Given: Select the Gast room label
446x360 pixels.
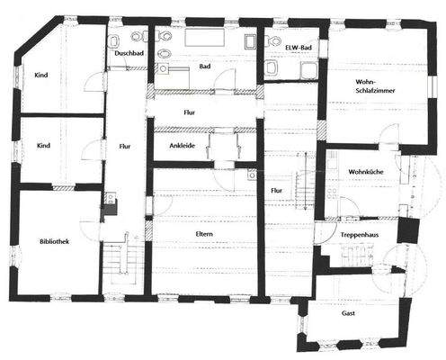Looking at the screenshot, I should point(348,313).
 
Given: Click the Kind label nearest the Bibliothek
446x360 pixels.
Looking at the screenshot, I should point(42,146).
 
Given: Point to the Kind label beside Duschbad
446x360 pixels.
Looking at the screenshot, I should point(42,76).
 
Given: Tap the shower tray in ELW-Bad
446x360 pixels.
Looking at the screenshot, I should point(308,69).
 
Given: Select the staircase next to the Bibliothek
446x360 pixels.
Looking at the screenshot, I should point(118,261).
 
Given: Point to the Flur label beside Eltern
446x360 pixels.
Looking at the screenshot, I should point(276,191).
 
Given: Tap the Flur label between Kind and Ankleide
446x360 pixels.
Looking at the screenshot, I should point(124,146).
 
